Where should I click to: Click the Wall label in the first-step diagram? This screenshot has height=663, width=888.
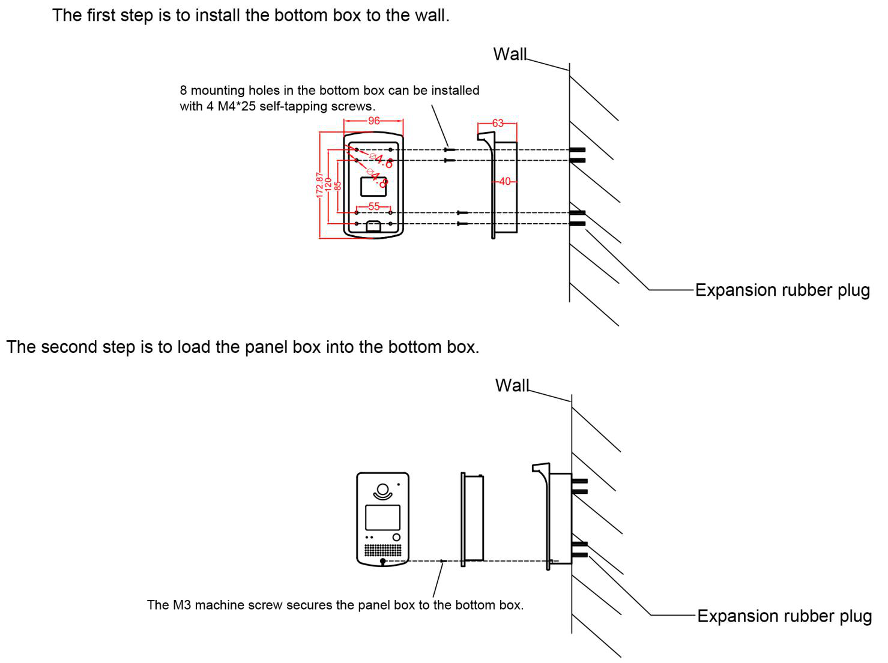[509, 54]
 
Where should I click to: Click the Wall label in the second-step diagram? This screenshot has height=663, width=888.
[512, 385]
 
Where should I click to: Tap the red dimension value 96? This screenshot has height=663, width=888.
[373, 121]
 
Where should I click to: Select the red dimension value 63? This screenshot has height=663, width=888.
[498, 123]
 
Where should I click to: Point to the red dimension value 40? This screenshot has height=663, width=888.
[504, 181]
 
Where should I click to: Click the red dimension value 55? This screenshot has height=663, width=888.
[373, 206]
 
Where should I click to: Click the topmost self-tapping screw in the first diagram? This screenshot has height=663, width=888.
[450, 149]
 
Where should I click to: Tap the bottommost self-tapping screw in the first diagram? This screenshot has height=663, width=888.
[462, 224]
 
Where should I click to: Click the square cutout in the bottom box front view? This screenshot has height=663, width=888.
[373, 187]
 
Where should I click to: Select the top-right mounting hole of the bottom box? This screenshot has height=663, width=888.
[390, 149]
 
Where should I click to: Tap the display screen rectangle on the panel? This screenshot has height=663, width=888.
[382, 517]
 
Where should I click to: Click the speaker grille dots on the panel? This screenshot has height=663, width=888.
[382, 550]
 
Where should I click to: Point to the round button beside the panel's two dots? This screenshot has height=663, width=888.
[396, 537]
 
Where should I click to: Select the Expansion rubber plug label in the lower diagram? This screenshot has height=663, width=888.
[784, 616]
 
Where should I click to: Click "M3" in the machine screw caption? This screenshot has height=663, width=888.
[181, 605]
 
